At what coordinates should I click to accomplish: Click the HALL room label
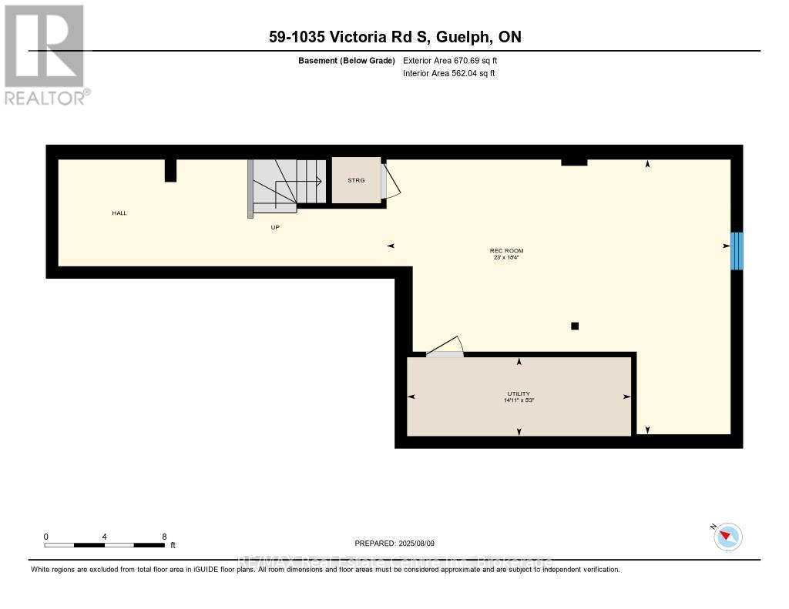pos(119,212)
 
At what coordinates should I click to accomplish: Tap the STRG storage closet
pos(356,180)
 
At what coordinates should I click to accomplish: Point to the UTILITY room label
pos(519,393)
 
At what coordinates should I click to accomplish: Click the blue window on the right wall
pos(737,250)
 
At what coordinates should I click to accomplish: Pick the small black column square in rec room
pos(574,326)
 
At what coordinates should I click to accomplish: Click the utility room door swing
pos(445,347)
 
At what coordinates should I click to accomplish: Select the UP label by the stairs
pos(274,227)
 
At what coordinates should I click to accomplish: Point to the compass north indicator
pos(727,536)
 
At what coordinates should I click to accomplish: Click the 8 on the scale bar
pos(164,537)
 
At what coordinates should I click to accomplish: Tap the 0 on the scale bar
pos(46,537)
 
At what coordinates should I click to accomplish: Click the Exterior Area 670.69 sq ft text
pos(455,60)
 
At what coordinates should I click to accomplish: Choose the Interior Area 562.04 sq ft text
pos(449,74)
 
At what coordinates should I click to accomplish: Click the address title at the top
pos(394,37)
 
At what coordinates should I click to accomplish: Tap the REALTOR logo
pos(46,54)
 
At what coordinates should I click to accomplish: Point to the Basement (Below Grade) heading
pos(346,60)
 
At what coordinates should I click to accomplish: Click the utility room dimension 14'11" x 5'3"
pos(519,400)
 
